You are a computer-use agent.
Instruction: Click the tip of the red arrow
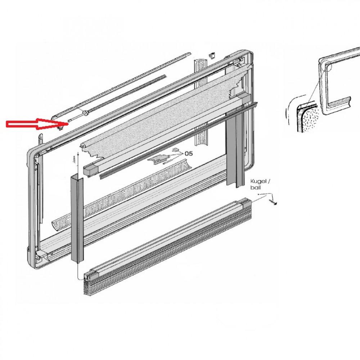68,124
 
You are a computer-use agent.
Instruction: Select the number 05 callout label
189,153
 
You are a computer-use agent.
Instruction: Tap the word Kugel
259,181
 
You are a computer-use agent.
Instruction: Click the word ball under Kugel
256,187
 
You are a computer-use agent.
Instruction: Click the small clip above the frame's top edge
212,55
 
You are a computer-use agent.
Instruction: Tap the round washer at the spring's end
86,113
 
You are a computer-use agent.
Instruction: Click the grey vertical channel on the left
77,218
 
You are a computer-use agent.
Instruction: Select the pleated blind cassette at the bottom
168,247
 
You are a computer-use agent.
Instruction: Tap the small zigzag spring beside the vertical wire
74,159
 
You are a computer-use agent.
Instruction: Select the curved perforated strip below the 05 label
122,195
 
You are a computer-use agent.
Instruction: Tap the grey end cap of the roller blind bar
91,170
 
